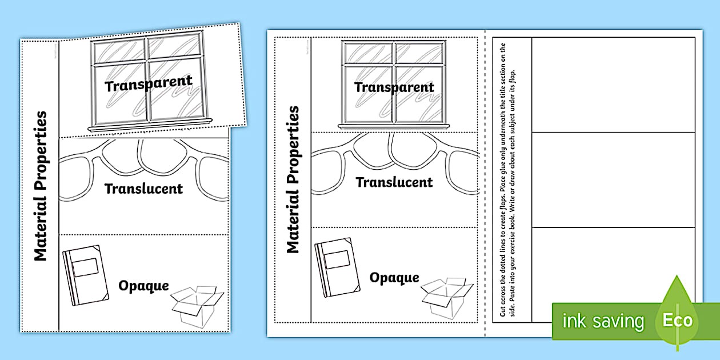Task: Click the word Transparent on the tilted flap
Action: (149, 84)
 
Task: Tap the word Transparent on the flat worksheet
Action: (394, 87)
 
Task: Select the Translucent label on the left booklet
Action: (143, 188)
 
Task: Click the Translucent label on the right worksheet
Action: (394, 182)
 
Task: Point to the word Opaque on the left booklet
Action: (143, 285)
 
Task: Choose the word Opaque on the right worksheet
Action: (394, 278)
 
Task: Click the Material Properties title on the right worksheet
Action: (292, 179)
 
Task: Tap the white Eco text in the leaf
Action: (677, 321)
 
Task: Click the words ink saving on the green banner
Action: (603, 321)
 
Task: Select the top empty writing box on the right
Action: (613, 85)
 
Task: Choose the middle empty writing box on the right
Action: (613, 179)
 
